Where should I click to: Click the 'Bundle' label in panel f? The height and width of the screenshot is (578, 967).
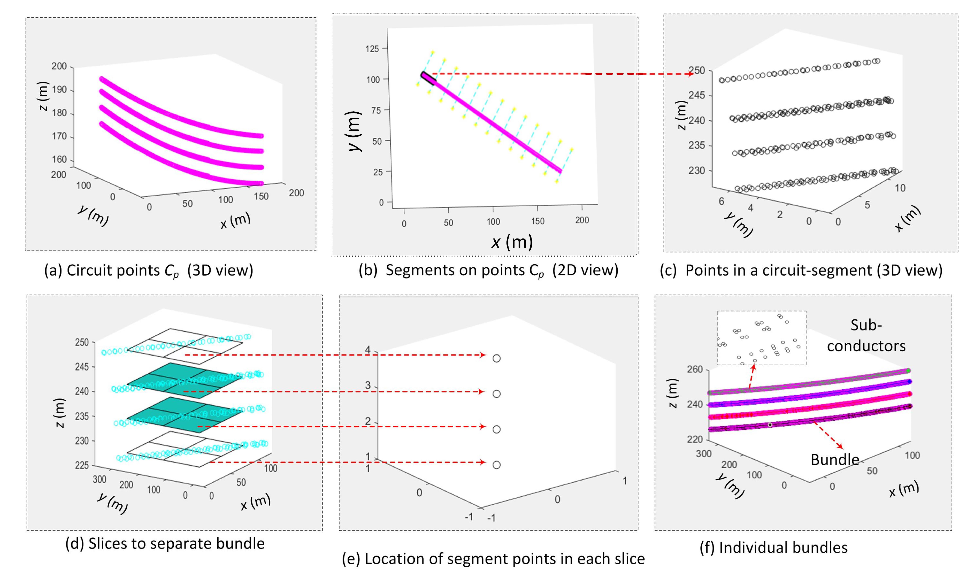pyautogui.click(x=835, y=460)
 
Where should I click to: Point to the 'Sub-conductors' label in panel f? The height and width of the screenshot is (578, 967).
pyautogui.click(x=866, y=335)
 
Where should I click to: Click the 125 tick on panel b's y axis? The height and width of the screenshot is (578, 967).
pyautogui.click(x=372, y=49)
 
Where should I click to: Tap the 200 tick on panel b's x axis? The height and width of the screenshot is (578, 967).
pyautogui.click(x=582, y=220)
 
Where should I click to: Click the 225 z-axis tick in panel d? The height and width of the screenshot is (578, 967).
pyautogui.click(x=82, y=465)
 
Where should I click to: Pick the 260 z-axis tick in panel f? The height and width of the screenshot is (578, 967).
pyautogui.click(x=695, y=369)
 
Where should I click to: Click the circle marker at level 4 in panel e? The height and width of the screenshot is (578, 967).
pyautogui.click(x=496, y=358)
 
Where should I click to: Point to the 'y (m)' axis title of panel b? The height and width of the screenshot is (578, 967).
pyautogui.click(x=355, y=131)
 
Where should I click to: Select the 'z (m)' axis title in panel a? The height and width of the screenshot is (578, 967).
pyautogui.click(x=44, y=96)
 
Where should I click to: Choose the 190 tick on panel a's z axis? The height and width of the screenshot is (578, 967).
pyautogui.click(x=59, y=90)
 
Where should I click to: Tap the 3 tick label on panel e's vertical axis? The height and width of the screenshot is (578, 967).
pyautogui.click(x=368, y=385)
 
